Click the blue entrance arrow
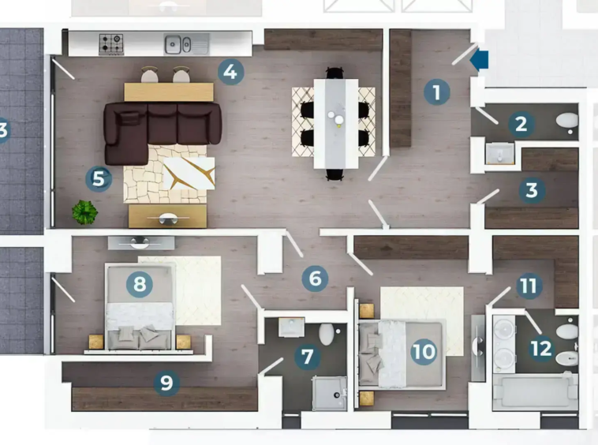(480, 60)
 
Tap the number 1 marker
(437, 92)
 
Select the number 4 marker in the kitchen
(230, 72)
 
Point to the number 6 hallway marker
(315, 279)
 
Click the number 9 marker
(166, 383)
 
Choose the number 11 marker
(529, 286)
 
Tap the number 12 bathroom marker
(541, 348)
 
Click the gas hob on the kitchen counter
(111, 44)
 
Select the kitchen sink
(186, 44)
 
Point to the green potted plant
(84, 212)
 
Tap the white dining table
(336, 124)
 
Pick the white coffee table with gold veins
(189, 173)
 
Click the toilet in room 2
(567, 121)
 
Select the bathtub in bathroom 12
(536, 391)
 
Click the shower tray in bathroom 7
(330, 394)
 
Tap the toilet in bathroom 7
(327, 334)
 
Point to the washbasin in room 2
(500, 153)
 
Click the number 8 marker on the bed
(140, 284)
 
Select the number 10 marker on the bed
(424, 351)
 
